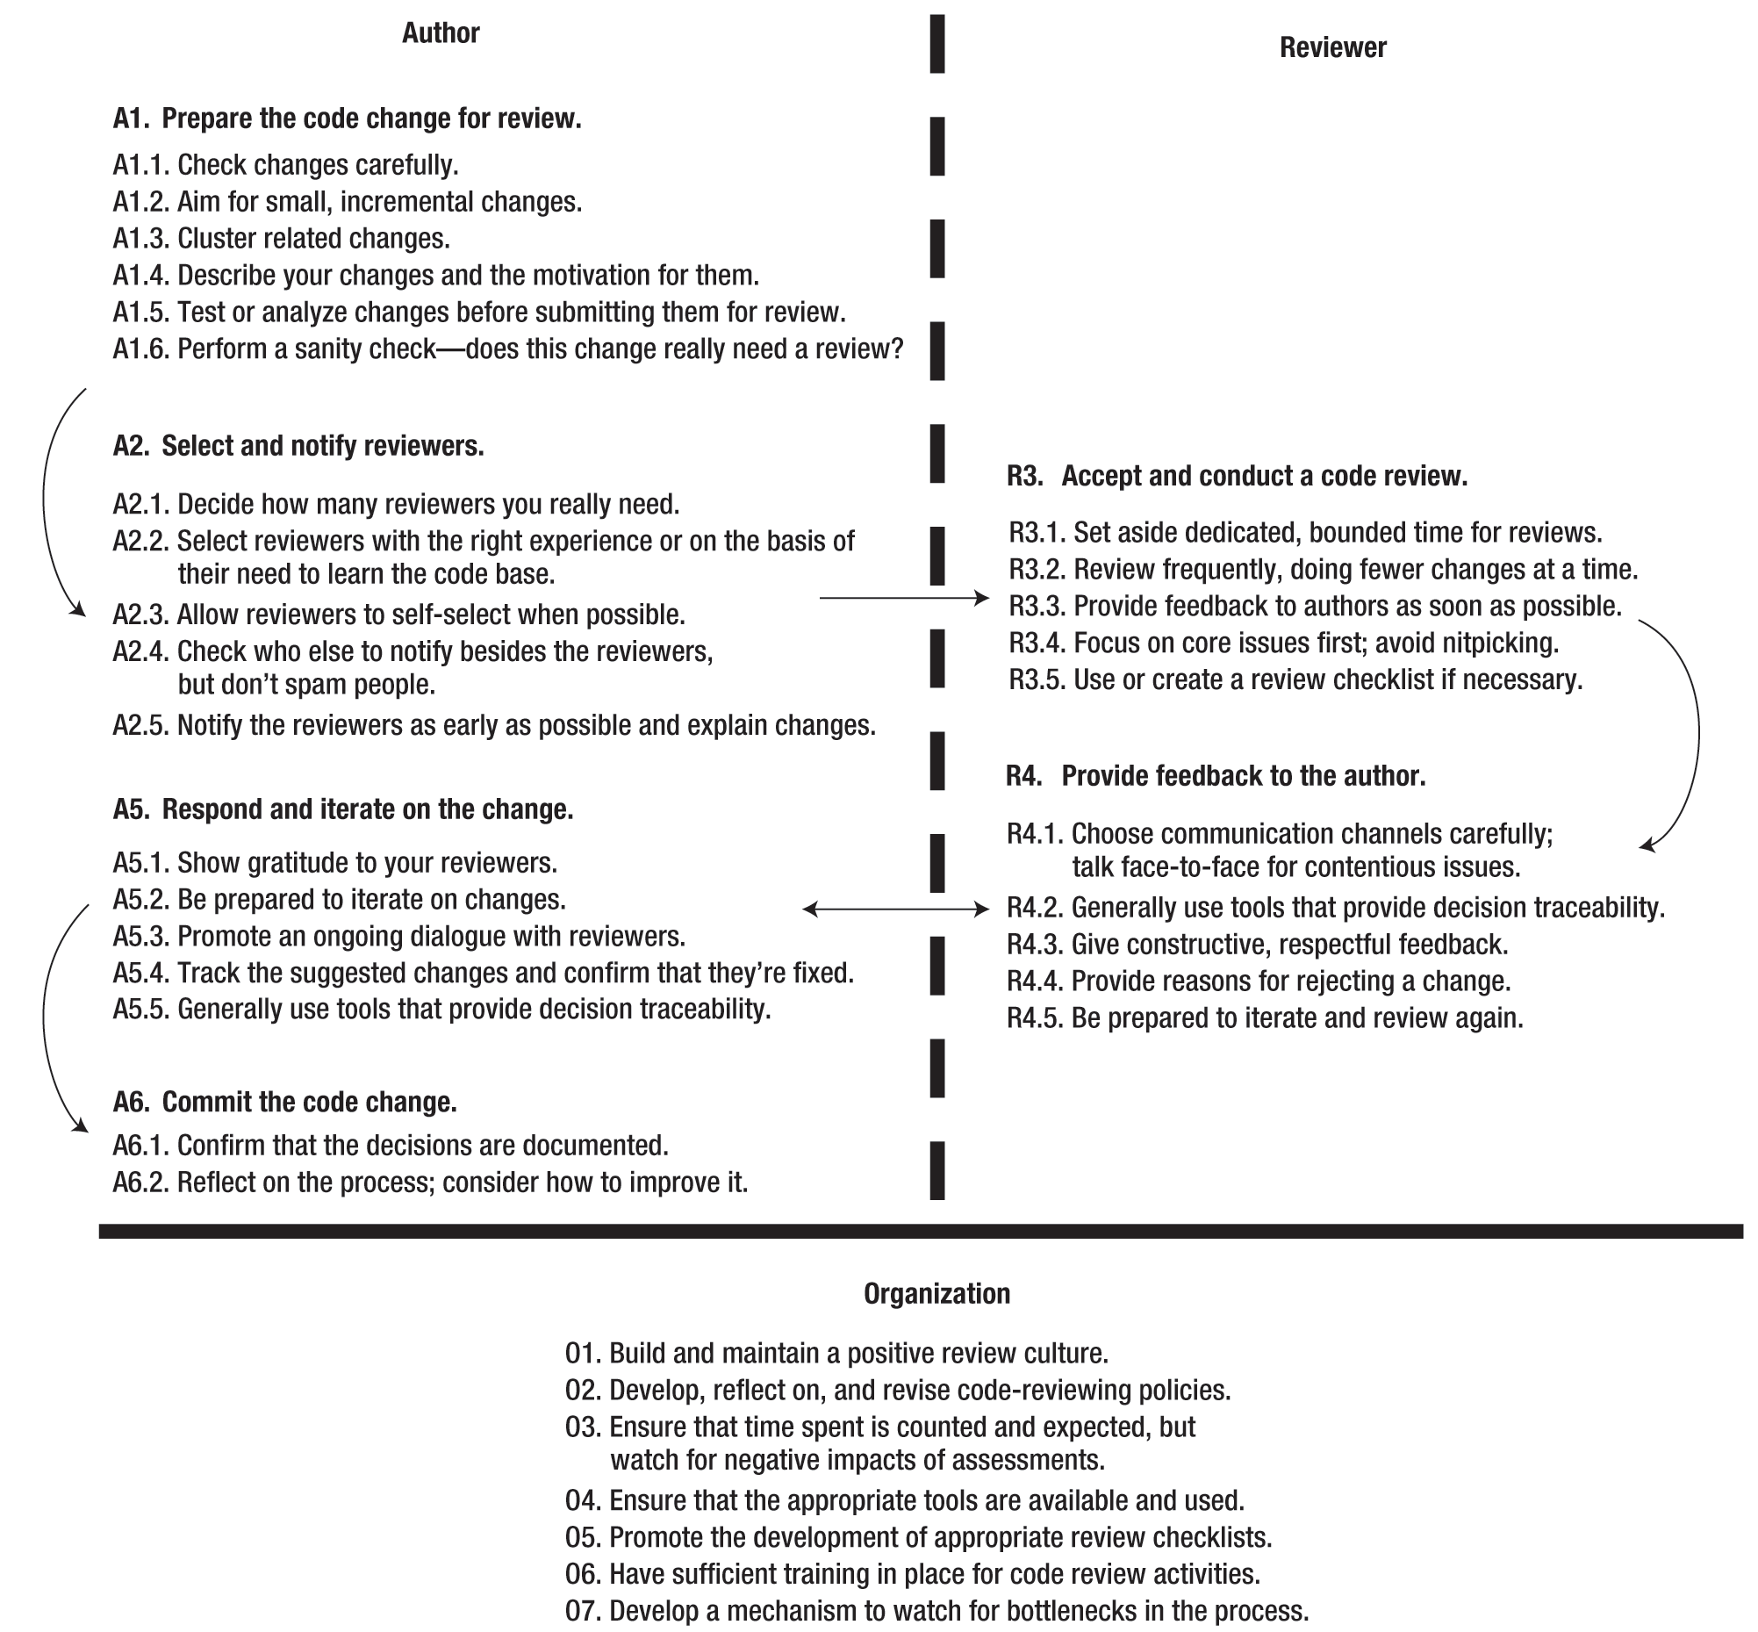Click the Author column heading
tap(441, 33)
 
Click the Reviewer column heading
tap(1332, 47)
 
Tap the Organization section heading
tap(936, 1294)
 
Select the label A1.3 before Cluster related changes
tap(140, 239)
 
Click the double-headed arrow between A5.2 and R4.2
tap(895, 909)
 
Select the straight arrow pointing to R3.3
tap(903, 599)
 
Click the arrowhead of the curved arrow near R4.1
tap(1646, 847)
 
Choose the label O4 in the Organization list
tap(582, 1500)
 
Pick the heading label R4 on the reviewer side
tap(1023, 776)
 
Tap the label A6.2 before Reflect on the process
tap(140, 1183)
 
